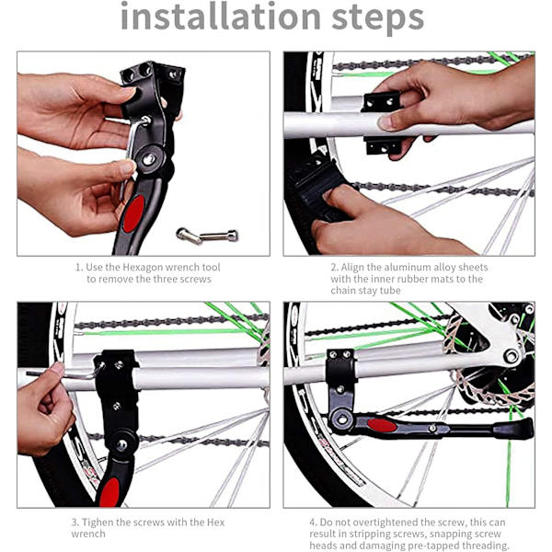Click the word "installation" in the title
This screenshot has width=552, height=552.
pos(221,16)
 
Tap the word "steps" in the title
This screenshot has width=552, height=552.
pos(378,19)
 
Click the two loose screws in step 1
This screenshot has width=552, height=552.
pos(207,236)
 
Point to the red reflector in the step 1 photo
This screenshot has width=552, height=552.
pos(133,213)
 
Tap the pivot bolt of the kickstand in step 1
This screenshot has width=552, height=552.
pos(148,159)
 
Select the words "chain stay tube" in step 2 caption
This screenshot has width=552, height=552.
pos(365,291)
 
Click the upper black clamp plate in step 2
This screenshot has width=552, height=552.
pos(381,102)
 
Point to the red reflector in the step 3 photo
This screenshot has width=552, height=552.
pos(109,492)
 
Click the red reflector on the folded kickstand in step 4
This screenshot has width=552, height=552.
pos(382,426)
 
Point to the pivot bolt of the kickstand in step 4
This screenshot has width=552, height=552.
pos(341,420)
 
